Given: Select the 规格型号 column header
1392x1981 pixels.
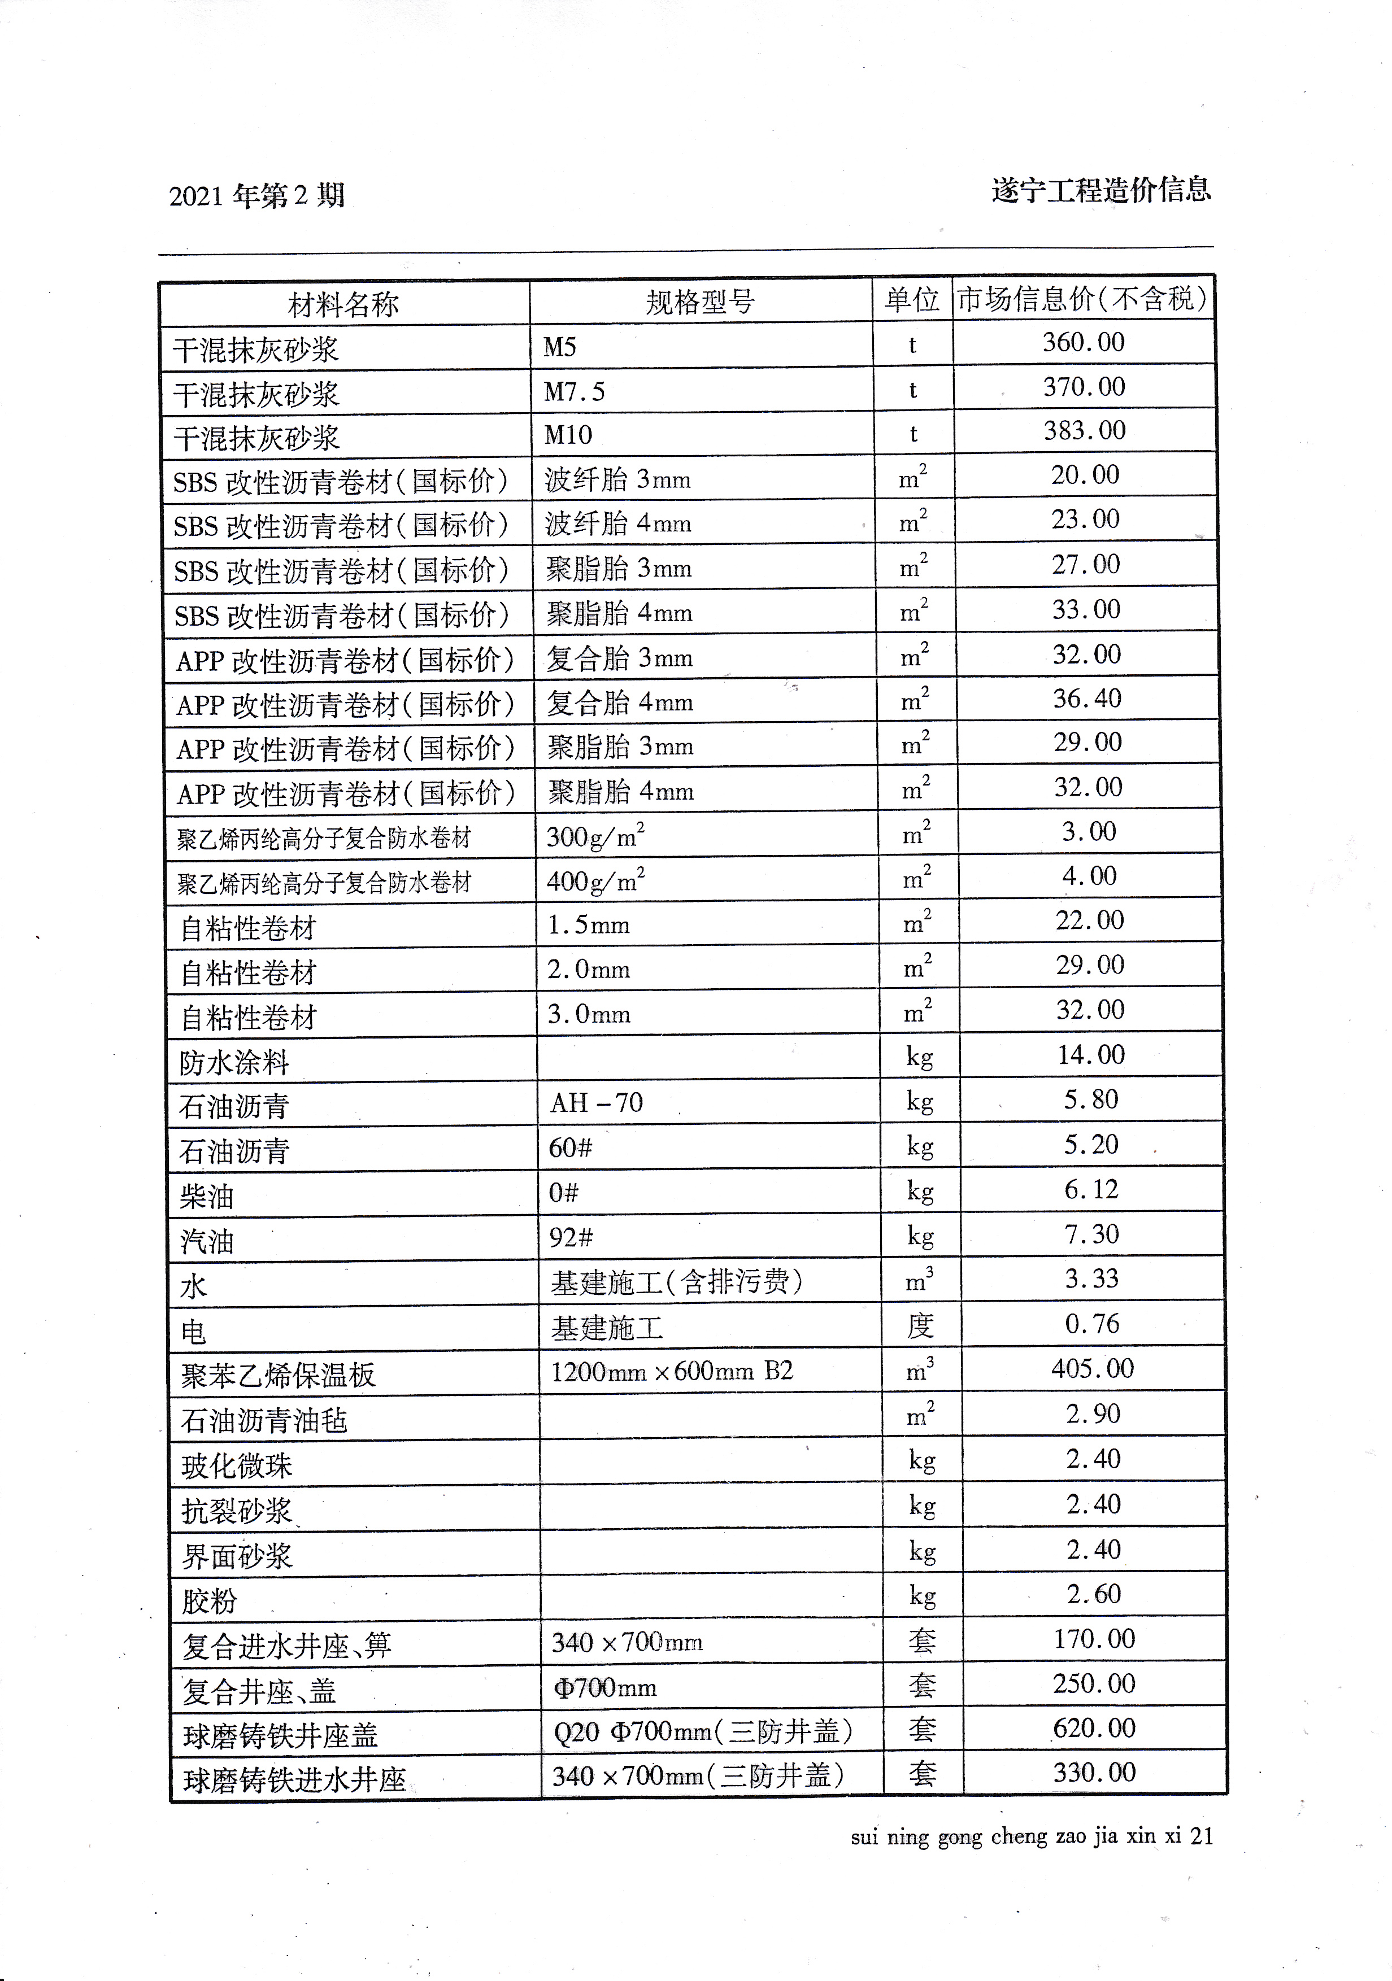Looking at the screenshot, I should tap(700, 301).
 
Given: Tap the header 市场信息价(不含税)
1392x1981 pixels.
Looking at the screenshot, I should tap(1082, 299).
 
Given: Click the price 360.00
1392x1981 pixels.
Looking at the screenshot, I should tap(1083, 343).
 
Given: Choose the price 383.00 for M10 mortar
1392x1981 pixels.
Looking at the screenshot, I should tap(1085, 430).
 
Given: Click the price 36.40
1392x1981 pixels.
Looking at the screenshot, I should tap(1086, 698).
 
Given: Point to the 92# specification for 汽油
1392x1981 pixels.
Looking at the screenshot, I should tap(571, 1237).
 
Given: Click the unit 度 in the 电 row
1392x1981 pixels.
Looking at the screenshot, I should tap(920, 1325).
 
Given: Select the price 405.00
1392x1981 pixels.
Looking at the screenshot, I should tap(1091, 1368).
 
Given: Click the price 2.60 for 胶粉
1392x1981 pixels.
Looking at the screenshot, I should tap(1093, 1594).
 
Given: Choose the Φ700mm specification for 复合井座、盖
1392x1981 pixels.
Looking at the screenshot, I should tap(605, 1687).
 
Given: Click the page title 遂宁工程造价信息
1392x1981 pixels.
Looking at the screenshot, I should tap(1101, 189).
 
